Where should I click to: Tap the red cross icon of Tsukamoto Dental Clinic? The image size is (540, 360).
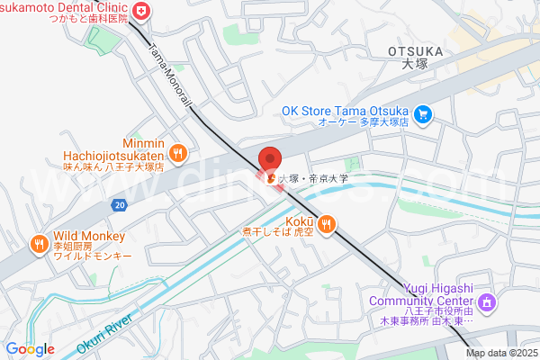point(141,11)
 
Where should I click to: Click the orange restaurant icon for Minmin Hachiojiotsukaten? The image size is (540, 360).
point(178,153)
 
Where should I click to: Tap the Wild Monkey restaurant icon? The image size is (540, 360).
point(39,243)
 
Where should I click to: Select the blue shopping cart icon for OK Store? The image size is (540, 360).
point(423,114)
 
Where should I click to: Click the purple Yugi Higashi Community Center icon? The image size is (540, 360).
point(487,301)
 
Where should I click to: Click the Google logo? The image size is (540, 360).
point(31,349)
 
